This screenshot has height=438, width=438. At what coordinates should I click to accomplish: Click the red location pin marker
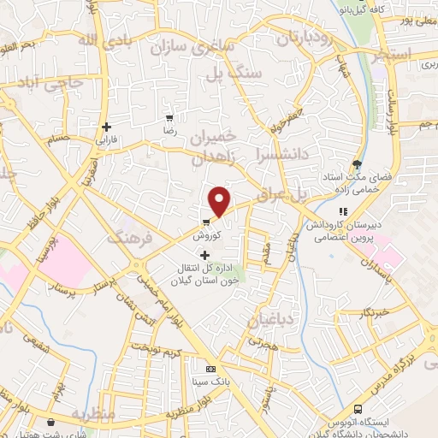220,200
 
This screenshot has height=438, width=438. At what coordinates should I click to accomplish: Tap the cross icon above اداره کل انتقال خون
204,255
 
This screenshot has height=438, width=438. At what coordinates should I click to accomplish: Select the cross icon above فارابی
106,127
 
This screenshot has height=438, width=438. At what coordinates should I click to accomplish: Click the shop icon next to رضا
170,118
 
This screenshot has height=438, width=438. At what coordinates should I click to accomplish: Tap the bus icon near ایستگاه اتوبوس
358,410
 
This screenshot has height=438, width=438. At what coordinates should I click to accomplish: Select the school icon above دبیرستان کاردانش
343,211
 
